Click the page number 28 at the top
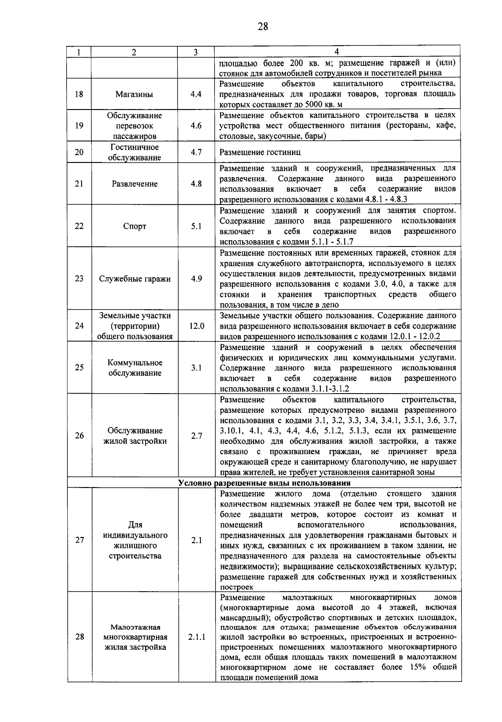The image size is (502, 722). (x=263, y=27)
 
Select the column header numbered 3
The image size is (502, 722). (x=195, y=52)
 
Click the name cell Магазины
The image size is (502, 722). (x=134, y=94)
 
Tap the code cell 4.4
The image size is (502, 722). (x=196, y=94)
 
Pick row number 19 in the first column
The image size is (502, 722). (x=79, y=126)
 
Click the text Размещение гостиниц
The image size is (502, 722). (x=260, y=153)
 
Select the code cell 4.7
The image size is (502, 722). (x=196, y=153)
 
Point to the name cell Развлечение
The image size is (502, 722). (x=134, y=184)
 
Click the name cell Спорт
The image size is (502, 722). (x=134, y=226)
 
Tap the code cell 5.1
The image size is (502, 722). (x=196, y=226)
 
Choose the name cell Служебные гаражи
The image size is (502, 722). (x=134, y=279)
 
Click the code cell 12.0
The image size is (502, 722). (x=196, y=326)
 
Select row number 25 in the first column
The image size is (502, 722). (x=79, y=368)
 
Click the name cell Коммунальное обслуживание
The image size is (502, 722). (x=134, y=368)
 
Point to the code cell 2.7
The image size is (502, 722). (x=196, y=436)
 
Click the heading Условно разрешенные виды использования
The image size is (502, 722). (x=264, y=483)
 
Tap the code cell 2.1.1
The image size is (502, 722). (x=196, y=637)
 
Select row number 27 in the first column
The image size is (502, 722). (x=79, y=540)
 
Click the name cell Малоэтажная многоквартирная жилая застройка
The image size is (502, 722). (x=134, y=637)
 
